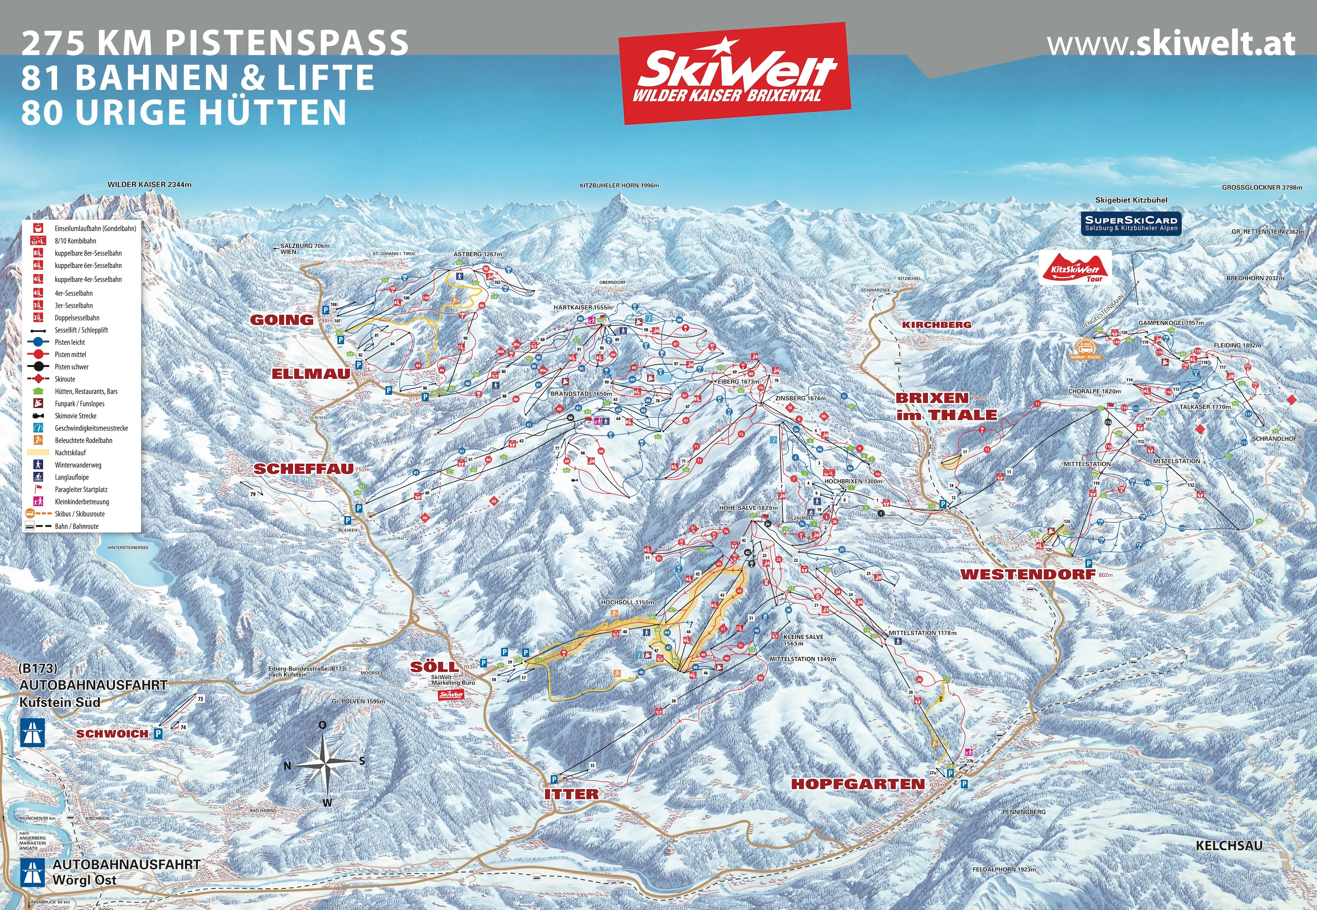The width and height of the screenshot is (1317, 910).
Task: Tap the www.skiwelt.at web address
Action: [x=1171, y=44]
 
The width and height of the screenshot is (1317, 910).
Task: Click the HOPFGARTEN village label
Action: [x=858, y=784]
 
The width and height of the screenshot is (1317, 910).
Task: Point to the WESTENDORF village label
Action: [x=1028, y=574]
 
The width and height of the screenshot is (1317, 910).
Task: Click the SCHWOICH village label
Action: [x=112, y=734]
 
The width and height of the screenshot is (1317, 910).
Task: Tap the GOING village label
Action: [x=282, y=320]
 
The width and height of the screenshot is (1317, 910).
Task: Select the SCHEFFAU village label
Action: [x=304, y=469]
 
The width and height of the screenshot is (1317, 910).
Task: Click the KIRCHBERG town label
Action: [x=936, y=325]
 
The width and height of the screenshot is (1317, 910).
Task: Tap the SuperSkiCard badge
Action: [x=1131, y=223]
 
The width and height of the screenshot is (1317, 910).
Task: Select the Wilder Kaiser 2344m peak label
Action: [x=149, y=185]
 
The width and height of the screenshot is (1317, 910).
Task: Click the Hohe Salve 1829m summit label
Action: [x=748, y=507]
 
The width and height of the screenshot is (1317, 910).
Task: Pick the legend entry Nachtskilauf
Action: [x=70, y=453]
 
